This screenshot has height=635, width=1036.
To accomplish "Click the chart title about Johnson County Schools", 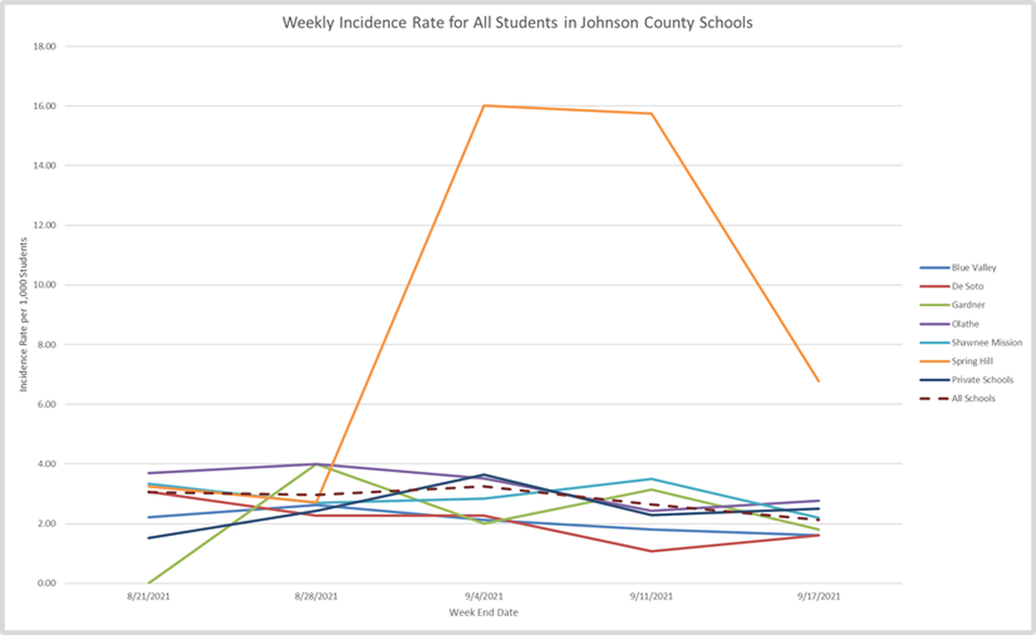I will pyautogui.click(x=517, y=24).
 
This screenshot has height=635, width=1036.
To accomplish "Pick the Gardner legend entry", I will pyautogui.click(x=967, y=305).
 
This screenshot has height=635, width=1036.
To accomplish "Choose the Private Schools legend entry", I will pyautogui.click(x=981, y=380).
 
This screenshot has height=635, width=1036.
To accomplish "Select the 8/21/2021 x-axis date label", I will pyautogui.click(x=148, y=597).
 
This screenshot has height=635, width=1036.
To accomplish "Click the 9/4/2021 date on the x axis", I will pyautogui.click(x=483, y=597).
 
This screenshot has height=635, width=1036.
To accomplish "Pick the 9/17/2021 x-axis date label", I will pyautogui.click(x=819, y=597).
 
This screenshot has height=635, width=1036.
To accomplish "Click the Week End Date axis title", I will pyautogui.click(x=483, y=612).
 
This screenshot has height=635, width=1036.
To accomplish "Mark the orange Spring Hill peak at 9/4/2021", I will pyautogui.click(x=483, y=105).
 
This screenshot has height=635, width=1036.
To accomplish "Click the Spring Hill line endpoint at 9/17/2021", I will pyautogui.click(x=819, y=381).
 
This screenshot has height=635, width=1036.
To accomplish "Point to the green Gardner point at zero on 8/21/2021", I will pyautogui.click(x=149, y=582).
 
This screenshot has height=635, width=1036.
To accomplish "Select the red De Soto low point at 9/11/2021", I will pyautogui.click(x=652, y=551).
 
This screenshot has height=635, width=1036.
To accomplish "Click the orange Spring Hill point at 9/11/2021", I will pyautogui.click(x=652, y=114).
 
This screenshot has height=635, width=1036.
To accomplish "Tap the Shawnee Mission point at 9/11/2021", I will pyautogui.click(x=652, y=479).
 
